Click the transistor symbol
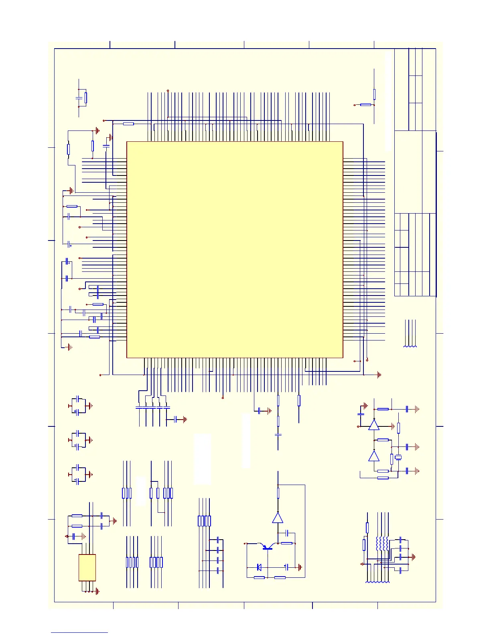point(266,546)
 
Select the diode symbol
point(259,567)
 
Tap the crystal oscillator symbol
point(398,457)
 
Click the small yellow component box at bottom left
point(87,567)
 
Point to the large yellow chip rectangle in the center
point(235,249)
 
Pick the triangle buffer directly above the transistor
point(278,518)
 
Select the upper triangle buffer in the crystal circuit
point(374,425)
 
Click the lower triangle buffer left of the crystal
point(374,456)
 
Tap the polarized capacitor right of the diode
point(286,567)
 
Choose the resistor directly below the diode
point(259,577)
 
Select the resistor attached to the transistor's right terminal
point(286,543)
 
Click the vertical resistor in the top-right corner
point(374,94)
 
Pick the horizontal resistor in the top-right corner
point(365,105)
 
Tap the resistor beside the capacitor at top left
point(86,98)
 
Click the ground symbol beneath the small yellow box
point(97,591)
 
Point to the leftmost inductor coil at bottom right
point(378,543)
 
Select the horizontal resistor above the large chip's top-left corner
point(128,124)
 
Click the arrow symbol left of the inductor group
point(362,564)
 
